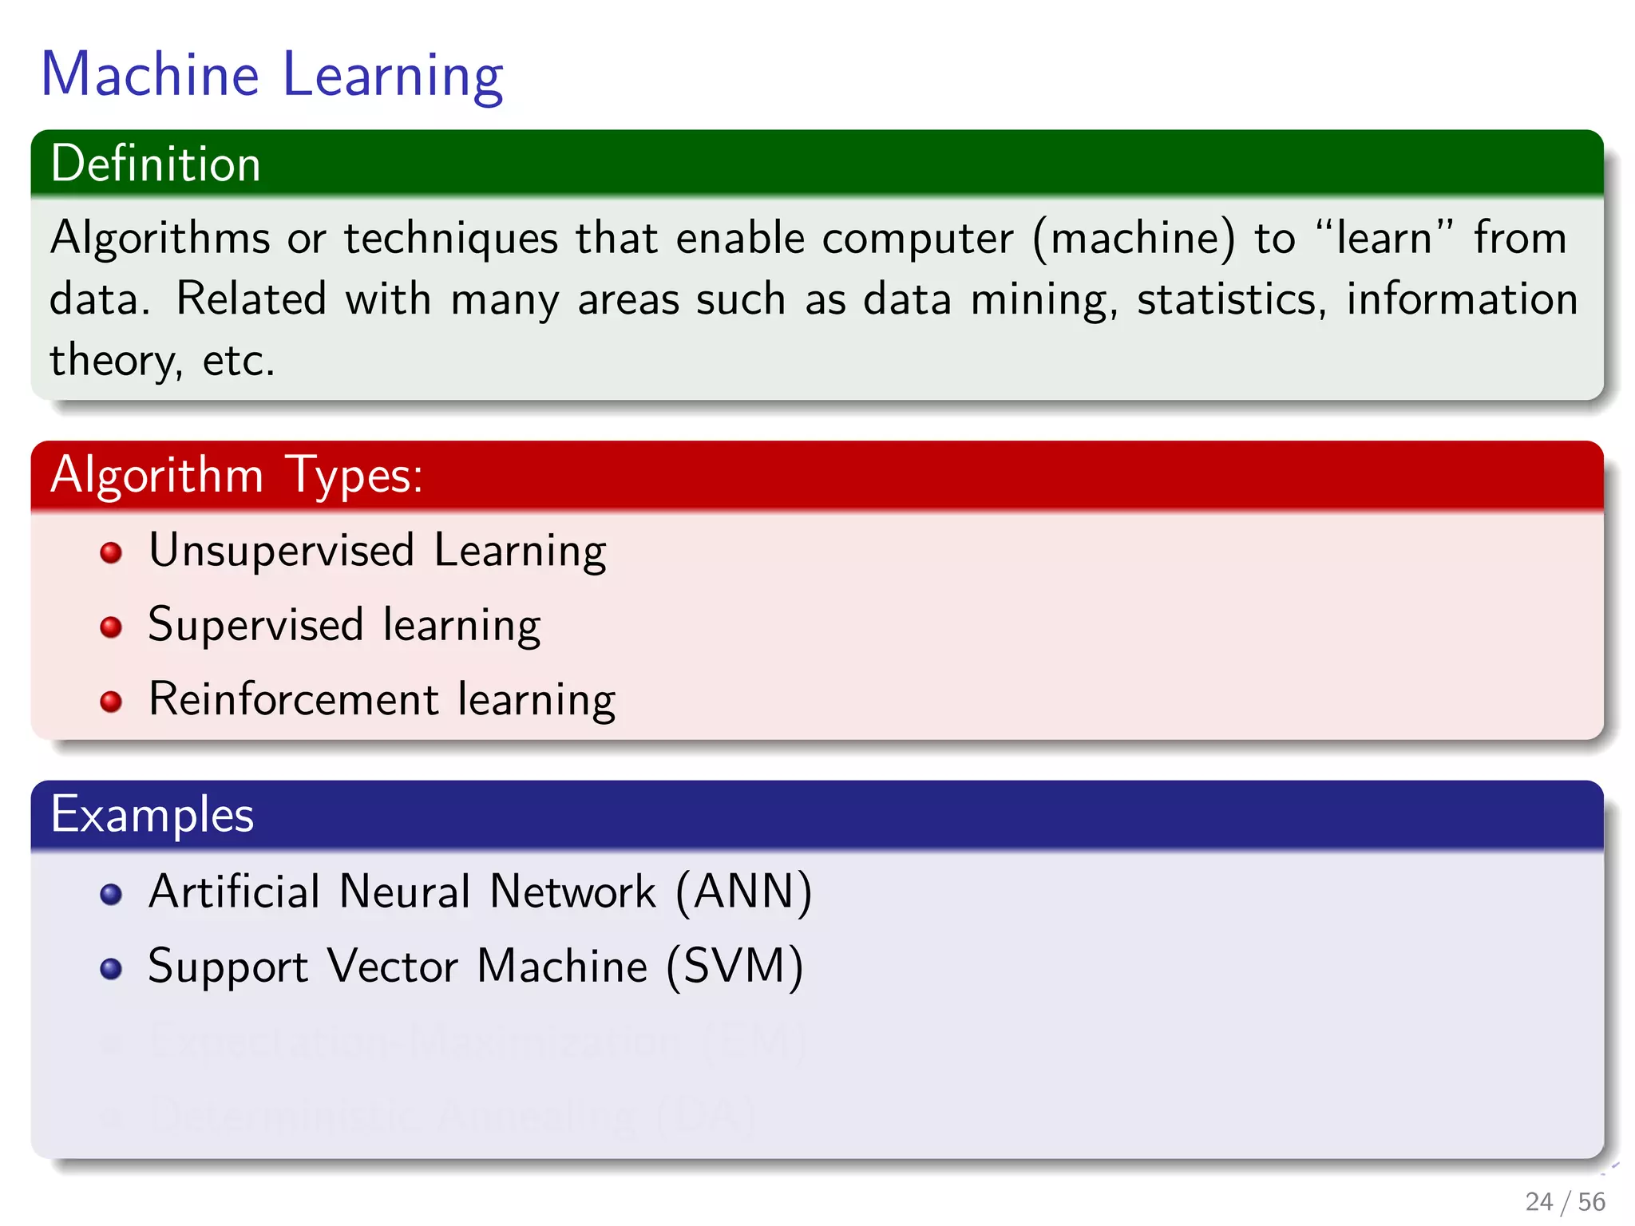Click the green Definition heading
click(156, 164)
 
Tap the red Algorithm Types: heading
click(236, 475)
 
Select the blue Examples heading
click(152, 815)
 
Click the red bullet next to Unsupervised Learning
click(111, 552)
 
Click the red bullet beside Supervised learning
click(111, 627)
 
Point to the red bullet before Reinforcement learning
click(111, 702)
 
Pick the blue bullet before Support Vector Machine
click(111, 968)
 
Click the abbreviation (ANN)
click(743, 892)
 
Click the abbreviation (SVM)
click(734, 967)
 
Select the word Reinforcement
click(294, 699)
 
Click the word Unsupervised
click(282, 551)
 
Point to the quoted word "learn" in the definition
click(1384, 238)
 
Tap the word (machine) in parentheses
click(1134, 239)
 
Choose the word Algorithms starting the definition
click(160, 239)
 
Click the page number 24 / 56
click(1564, 1201)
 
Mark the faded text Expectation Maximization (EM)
click(477, 1042)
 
